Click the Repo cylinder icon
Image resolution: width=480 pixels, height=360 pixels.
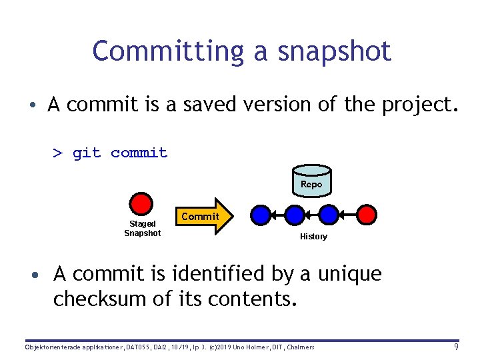[311, 183]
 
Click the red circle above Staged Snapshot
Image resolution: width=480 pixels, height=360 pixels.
[141, 204]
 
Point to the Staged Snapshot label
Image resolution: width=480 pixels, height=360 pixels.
[142, 228]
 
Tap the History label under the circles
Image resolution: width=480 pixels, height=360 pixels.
[313, 237]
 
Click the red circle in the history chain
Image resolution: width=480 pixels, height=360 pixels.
[367, 214]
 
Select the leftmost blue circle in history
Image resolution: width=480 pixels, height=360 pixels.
[261, 214]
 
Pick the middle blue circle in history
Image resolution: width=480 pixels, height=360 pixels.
[294, 214]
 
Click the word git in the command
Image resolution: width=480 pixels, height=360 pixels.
[87, 153]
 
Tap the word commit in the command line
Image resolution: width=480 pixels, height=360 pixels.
[139, 153]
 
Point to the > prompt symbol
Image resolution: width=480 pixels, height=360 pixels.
[58, 153]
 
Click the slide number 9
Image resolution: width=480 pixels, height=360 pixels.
[456, 347]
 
